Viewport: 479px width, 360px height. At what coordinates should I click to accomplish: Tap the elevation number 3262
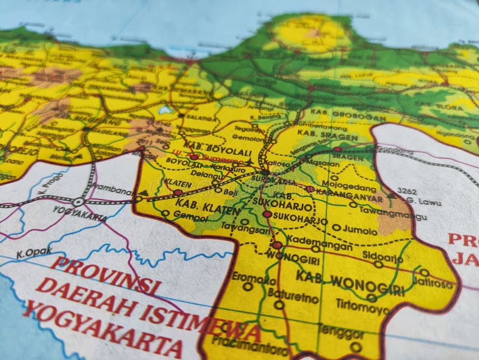click(x=407, y=192)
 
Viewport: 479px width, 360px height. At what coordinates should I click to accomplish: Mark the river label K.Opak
click(x=34, y=253)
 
